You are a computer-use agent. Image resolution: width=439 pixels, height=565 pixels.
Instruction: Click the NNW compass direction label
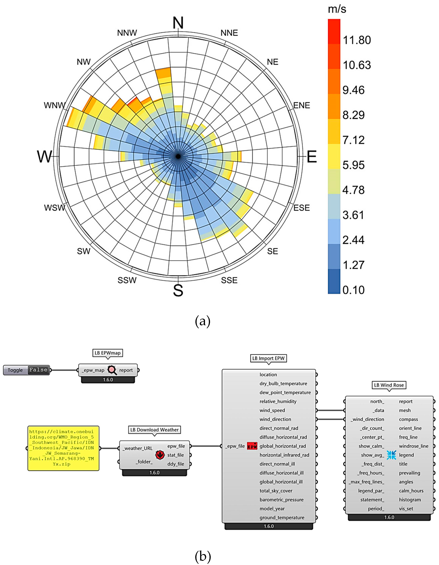(x=127, y=33)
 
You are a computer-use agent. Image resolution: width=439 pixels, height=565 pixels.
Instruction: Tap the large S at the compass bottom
(x=178, y=290)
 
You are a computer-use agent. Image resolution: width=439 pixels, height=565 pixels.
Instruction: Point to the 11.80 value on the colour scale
(x=357, y=40)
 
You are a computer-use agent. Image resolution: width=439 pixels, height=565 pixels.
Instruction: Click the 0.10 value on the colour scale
(x=353, y=290)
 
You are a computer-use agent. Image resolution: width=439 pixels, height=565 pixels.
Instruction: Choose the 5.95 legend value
(x=353, y=165)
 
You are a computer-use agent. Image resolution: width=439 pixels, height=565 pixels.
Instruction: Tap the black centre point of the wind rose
(x=178, y=156)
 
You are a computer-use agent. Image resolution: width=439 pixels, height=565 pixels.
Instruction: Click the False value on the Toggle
(x=38, y=370)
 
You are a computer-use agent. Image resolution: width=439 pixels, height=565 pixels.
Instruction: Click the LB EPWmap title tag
(x=107, y=353)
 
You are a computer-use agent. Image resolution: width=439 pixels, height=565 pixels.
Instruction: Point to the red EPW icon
(x=252, y=446)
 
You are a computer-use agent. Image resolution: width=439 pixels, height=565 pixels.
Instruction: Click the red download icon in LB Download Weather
(x=160, y=455)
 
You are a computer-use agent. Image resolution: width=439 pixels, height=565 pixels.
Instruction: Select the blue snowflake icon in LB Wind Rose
(x=391, y=455)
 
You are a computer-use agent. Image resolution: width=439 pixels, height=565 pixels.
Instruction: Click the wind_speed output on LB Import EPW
(x=272, y=410)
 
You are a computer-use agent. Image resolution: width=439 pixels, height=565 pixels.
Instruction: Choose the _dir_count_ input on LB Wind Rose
(x=372, y=428)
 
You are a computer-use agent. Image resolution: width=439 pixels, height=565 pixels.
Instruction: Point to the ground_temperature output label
(x=282, y=517)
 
